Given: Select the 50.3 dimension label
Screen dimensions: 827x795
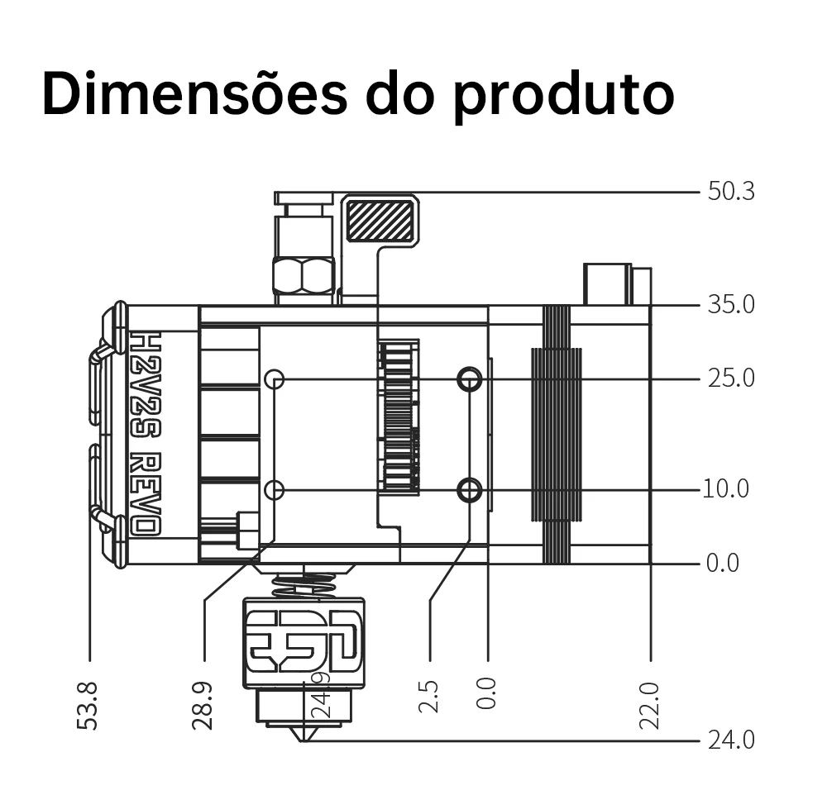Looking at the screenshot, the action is pos(731,191).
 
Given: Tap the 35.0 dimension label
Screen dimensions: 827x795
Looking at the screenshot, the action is pos(731,305).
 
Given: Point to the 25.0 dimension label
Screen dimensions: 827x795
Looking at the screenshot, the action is pos(731,378).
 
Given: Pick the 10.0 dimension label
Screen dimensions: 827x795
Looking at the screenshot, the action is pos(726,488).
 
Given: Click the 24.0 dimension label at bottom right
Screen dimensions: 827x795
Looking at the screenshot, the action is pos(731,740).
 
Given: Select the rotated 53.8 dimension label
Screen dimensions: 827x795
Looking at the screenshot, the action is pos(88,706).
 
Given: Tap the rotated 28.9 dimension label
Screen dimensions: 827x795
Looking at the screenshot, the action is pos(202,706).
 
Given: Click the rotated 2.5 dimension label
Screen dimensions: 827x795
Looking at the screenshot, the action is pos(428,697).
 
